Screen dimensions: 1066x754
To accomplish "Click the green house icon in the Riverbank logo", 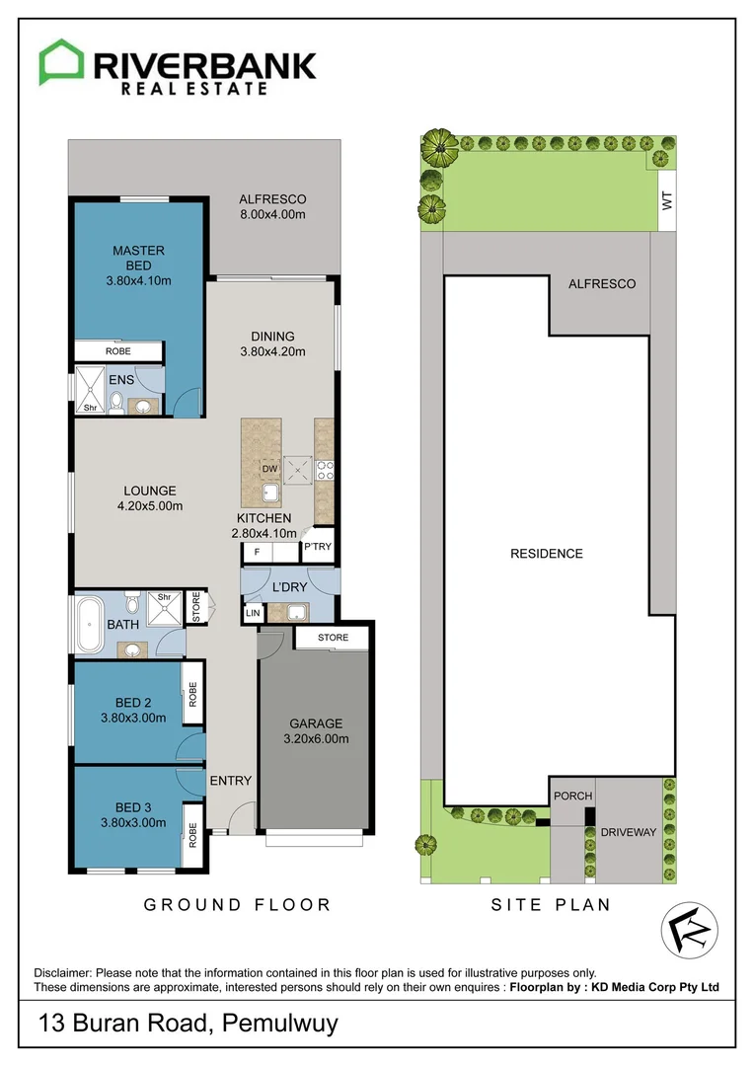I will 61,63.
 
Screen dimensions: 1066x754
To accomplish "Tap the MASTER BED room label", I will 138,258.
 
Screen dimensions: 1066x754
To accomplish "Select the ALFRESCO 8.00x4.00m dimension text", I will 272,214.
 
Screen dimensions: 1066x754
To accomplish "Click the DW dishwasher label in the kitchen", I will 267,469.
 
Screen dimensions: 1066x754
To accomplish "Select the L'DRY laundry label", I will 289,587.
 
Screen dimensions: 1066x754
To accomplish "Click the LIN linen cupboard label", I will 252,614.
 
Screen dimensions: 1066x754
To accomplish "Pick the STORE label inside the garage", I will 333,638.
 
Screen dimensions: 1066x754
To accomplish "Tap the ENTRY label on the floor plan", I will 230,781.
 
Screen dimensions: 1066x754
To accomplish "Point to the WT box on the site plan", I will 666,201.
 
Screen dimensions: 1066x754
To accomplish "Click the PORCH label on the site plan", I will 572,797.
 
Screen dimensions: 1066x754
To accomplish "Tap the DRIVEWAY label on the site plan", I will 629,832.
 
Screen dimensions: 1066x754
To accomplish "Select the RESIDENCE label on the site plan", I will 546,554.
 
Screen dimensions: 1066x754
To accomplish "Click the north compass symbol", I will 688,930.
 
